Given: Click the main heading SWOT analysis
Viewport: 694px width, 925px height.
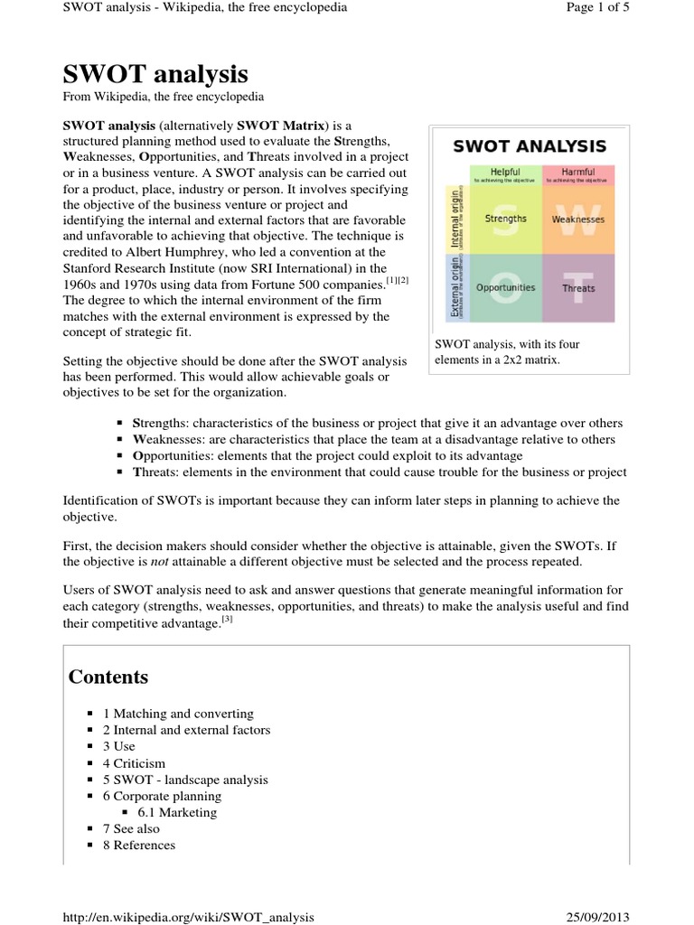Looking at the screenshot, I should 155,73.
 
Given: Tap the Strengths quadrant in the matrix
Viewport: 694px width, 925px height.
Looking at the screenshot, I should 505,219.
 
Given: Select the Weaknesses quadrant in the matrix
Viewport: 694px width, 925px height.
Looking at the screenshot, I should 578,219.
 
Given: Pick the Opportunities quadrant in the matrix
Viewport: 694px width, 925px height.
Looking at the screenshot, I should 505,288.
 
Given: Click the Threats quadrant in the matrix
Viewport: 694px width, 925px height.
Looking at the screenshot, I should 578,288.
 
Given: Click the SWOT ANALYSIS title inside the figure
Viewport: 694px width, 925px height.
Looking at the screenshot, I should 529,146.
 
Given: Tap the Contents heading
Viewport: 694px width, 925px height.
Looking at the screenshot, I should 108,677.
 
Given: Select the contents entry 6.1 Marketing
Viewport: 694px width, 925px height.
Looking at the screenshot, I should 177,812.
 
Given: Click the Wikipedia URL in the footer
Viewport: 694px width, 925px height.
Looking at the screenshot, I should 189,917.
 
